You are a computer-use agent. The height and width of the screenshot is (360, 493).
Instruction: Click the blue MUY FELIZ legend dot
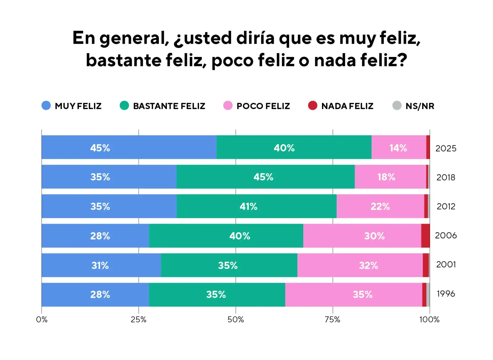46,106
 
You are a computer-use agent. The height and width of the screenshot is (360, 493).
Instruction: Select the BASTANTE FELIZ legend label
169,106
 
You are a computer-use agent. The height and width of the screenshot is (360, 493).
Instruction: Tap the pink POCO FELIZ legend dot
228,106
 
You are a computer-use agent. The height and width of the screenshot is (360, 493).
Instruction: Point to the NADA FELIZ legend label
347,106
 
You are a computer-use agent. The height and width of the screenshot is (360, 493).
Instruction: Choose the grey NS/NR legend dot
397,106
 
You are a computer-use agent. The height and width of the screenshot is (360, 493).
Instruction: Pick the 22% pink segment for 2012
380,206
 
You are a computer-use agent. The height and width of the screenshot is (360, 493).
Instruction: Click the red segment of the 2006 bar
425,236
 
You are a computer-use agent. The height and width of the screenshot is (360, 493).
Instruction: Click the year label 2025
446,148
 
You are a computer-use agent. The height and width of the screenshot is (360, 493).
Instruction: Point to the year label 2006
446,236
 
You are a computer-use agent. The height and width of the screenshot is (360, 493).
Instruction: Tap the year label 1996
446,294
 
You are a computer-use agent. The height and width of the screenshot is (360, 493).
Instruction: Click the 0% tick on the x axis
42,320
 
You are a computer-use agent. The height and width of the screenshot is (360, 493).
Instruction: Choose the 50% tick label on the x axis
236,320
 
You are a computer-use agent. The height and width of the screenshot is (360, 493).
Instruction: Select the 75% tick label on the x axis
332,320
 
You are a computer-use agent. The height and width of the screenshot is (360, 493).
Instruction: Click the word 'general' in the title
134,38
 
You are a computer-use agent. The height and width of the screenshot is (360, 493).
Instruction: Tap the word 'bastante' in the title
123,60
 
